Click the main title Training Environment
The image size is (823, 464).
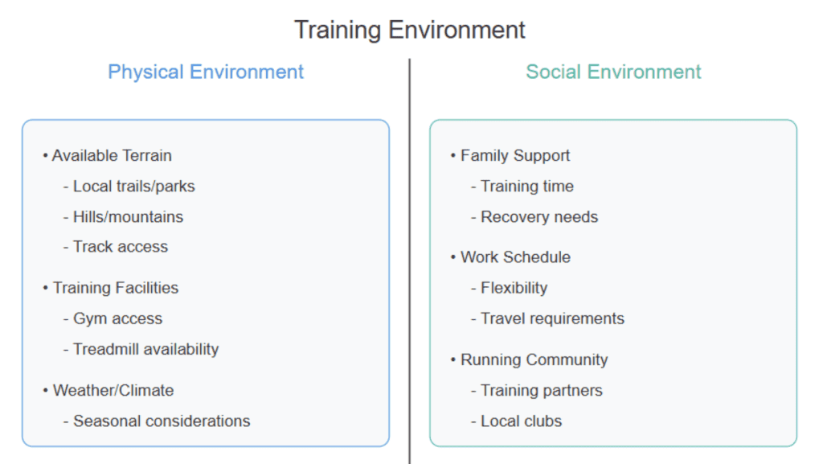[x=409, y=30]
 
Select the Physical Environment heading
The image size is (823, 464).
[x=206, y=72]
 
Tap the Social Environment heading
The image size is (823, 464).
[x=613, y=72]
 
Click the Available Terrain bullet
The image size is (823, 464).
[x=108, y=155]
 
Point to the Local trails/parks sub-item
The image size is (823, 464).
[x=129, y=187]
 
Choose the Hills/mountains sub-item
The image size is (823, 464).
[x=123, y=217]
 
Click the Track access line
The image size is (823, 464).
[x=116, y=247]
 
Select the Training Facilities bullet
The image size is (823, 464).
[x=111, y=288]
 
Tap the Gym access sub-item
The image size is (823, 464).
[x=113, y=318]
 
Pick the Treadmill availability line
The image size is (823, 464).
[x=141, y=349]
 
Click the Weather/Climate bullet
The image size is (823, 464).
[x=109, y=391]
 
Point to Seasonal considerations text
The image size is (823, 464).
[x=157, y=421]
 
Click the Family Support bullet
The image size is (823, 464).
[x=510, y=155]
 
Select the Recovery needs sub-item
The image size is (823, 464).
[x=534, y=217]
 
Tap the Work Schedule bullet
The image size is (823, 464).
[x=510, y=257]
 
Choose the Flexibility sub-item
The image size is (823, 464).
[x=509, y=288]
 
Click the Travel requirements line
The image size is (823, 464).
[x=547, y=318]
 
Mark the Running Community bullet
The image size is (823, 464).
[x=529, y=359]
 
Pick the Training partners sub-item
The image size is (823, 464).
[x=536, y=391]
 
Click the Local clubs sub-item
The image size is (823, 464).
[x=517, y=421]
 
